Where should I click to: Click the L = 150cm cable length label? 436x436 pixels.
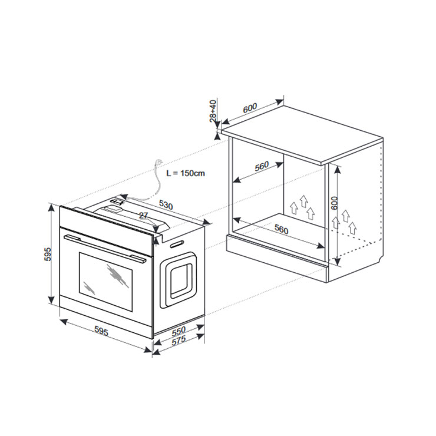(186, 173)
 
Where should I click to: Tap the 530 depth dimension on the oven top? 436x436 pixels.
(166, 206)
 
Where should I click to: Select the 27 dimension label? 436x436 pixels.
(144, 215)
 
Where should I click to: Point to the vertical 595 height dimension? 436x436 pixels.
(48, 254)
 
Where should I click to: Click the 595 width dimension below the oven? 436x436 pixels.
(101, 331)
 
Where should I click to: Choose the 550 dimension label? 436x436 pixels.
(179, 331)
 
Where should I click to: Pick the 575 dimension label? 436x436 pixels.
(179, 341)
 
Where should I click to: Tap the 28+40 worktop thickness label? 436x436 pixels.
(213, 111)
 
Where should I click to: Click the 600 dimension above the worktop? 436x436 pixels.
(250, 108)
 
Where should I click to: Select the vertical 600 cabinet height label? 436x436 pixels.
(334, 203)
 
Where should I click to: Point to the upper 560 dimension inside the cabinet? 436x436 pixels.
(262, 166)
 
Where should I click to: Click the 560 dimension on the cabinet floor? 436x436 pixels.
(282, 229)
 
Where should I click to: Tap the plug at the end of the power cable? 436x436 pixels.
(159, 161)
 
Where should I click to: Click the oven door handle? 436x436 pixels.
(105, 248)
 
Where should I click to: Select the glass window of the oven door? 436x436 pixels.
(105, 282)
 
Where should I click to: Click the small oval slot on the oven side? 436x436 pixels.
(177, 245)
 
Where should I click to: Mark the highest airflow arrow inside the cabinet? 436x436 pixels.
(303, 201)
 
